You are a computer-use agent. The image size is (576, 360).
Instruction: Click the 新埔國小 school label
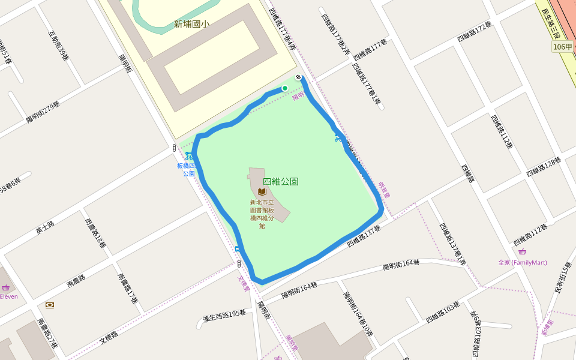tap(191, 25)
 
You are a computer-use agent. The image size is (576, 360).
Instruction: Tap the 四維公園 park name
tap(280, 181)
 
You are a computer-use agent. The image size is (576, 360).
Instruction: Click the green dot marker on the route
tap(285, 88)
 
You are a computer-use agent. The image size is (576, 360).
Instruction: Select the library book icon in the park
tap(262, 192)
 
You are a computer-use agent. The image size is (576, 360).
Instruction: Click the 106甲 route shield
tap(562, 47)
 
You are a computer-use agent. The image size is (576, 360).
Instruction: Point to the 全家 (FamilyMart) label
tap(522, 262)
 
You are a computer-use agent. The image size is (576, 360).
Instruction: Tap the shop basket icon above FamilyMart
tap(522, 251)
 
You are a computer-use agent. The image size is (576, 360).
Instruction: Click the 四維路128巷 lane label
tap(543, 167)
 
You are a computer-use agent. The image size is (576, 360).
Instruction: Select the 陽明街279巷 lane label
tap(43, 112)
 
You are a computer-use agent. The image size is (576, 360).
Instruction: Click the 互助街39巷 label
tap(59, 44)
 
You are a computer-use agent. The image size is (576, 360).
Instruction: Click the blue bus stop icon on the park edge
tap(238, 248)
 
